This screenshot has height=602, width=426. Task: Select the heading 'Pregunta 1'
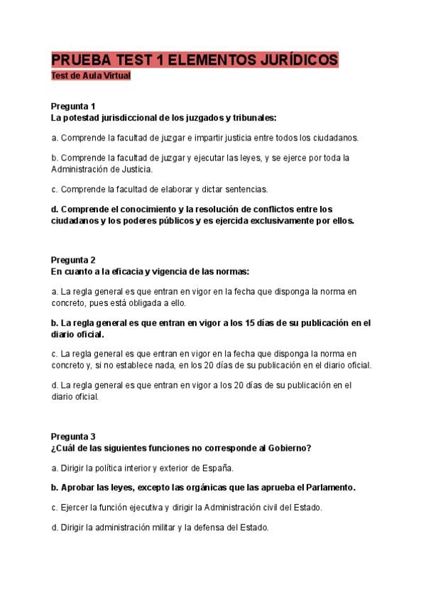point(74,106)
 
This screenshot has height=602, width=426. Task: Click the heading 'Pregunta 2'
point(74,260)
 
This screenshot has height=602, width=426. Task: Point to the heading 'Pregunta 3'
point(74,436)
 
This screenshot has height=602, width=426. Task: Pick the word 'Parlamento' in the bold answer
point(329,488)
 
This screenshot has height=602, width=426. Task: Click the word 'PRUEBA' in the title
point(79,60)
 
